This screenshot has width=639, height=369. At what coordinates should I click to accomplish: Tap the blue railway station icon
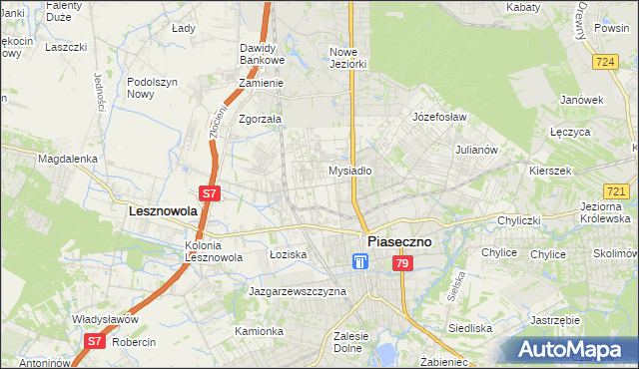pos(360,262)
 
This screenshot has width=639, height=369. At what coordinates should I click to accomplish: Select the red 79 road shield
pos(401,263)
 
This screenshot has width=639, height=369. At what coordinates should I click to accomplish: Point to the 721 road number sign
pos(616,190)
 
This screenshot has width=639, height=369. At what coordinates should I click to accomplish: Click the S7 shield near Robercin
pos(93,341)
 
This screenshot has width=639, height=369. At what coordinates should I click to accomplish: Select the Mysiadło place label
pos(350,171)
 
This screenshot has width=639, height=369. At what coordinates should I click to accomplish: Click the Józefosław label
pos(440,117)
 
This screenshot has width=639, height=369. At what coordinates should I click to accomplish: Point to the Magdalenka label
pos(67,158)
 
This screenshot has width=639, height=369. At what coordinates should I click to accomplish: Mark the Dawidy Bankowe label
pos(263,54)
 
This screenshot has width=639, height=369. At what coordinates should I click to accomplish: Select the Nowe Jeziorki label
pos(350,58)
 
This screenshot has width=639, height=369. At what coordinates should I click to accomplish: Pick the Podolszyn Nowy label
pos(153,88)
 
